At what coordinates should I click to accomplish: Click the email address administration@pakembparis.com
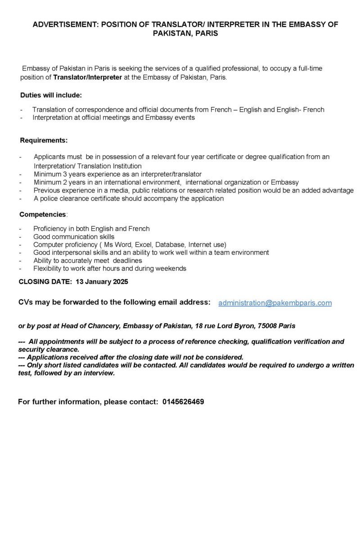[x=275, y=303]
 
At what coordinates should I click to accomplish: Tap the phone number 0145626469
[x=182, y=402]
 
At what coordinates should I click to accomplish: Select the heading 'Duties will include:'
[x=51, y=95]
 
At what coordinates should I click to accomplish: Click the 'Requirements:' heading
[x=44, y=141]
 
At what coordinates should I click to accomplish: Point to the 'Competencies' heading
[x=42, y=214]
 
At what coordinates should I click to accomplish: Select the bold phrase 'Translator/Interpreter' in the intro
[x=88, y=77]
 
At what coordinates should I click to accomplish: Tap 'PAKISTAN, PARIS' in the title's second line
[x=185, y=33]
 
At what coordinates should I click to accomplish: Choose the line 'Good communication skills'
[x=74, y=237]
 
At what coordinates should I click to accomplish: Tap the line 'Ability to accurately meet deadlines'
[x=88, y=261]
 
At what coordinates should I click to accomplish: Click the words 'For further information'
[x=59, y=402]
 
